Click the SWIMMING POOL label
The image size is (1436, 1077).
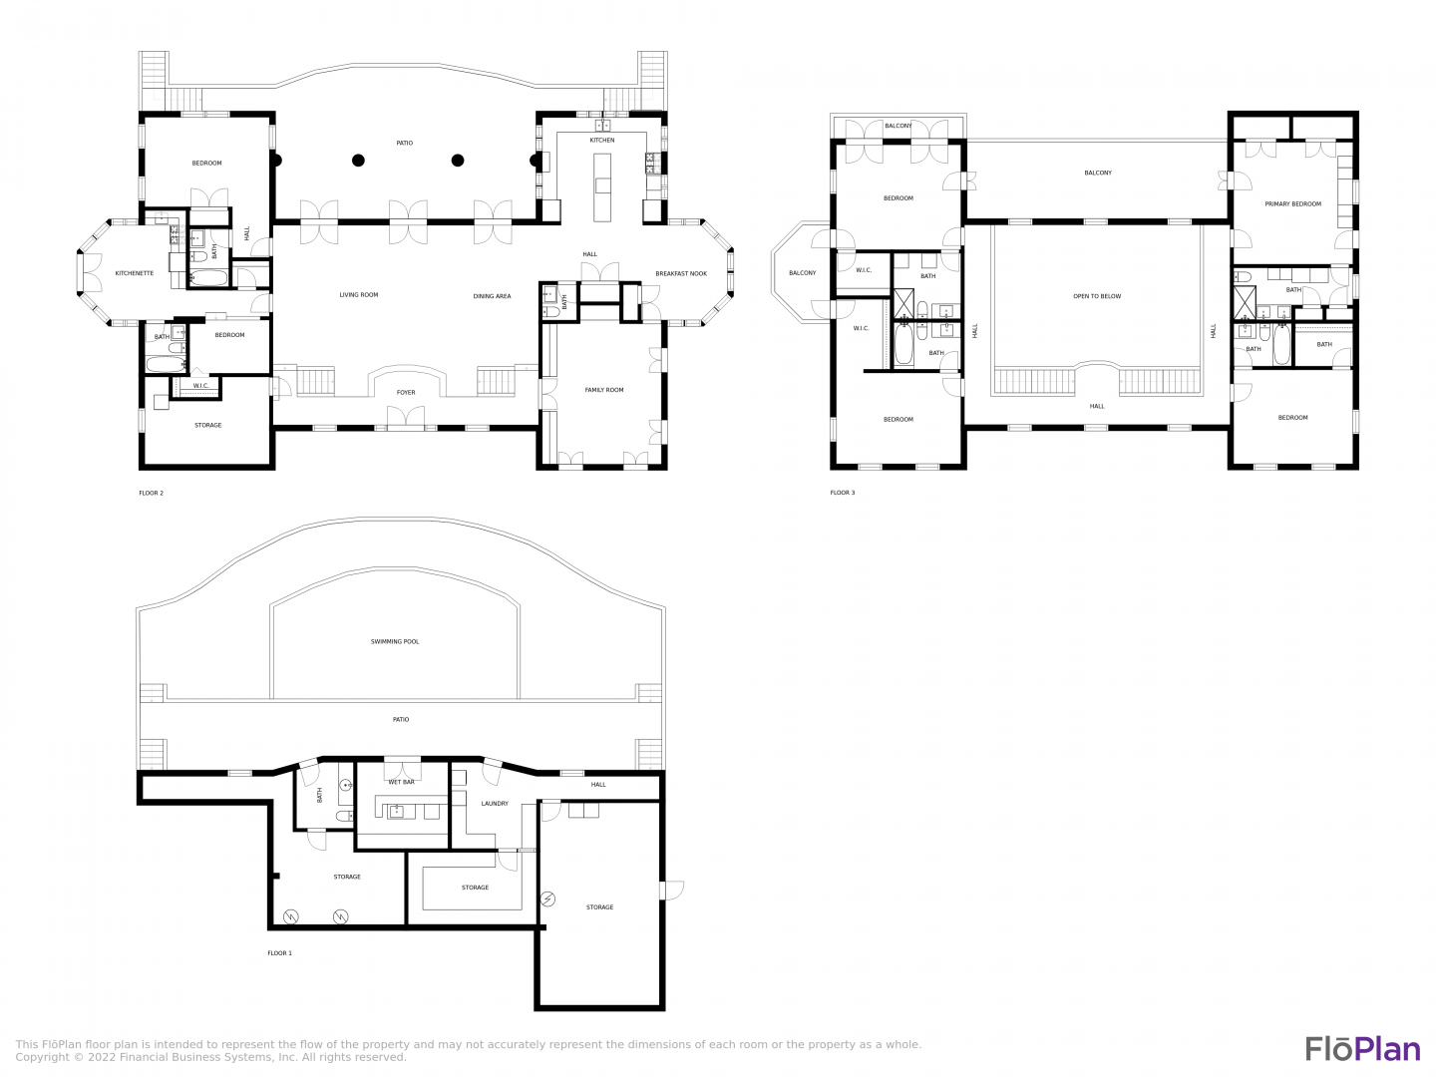[x=395, y=641]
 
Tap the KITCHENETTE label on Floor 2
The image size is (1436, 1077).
[x=134, y=273]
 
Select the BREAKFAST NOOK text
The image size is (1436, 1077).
[x=681, y=274]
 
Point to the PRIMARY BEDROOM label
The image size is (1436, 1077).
[x=1292, y=204]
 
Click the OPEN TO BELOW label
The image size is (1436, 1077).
[x=1097, y=296]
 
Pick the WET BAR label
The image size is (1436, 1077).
[x=401, y=782]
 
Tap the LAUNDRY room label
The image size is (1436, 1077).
[x=495, y=804]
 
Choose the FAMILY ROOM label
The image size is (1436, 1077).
[x=604, y=390]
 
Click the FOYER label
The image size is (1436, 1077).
[x=406, y=393]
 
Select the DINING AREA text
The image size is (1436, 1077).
[x=492, y=296]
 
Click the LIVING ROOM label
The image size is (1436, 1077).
[x=359, y=295]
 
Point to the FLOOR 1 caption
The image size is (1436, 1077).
[x=279, y=953]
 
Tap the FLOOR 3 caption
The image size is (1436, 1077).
[x=842, y=493]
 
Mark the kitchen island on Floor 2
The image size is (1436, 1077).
[x=602, y=187]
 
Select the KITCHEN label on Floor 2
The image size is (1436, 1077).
[x=602, y=141]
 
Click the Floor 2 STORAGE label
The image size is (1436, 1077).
[x=208, y=426]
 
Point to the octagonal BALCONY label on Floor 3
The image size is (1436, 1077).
[x=802, y=273]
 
